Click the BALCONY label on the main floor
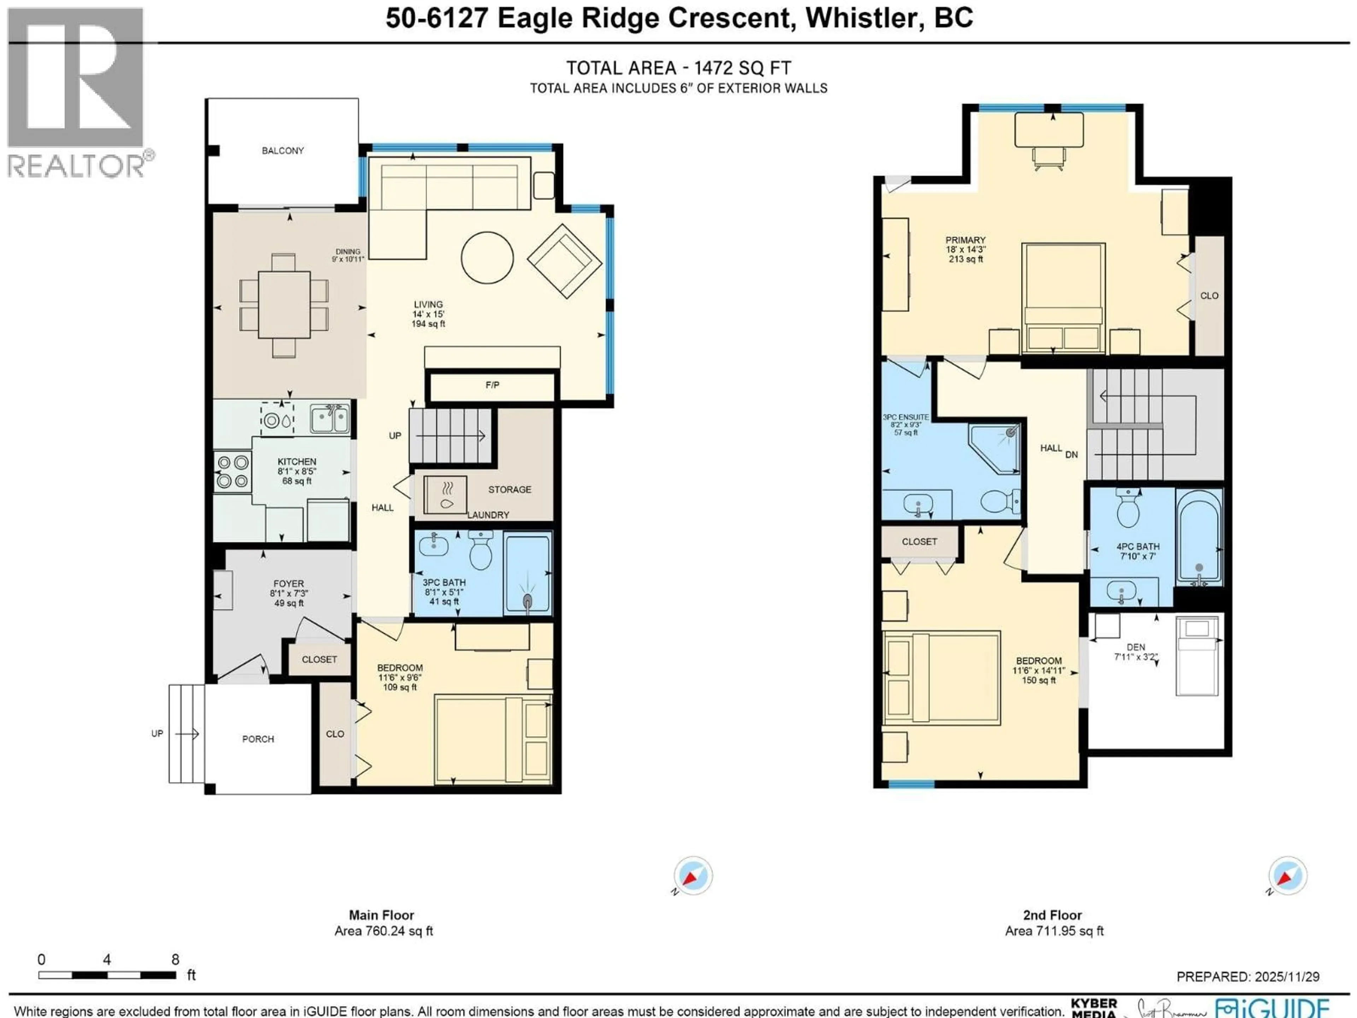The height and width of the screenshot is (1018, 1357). [x=282, y=150]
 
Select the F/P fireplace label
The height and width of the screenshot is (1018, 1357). [x=492, y=385]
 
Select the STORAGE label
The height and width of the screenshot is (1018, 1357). [x=509, y=490]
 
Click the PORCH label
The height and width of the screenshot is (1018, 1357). [x=258, y=739]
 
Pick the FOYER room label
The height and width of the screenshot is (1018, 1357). [x=288, y=584]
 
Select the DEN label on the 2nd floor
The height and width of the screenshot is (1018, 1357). [x=1135, y=647]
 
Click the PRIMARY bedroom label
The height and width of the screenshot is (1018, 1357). [x=965, y=240]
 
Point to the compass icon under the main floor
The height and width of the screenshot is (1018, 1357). [x=693, y=876]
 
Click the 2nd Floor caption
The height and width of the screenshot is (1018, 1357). [x=1052, y=915]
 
